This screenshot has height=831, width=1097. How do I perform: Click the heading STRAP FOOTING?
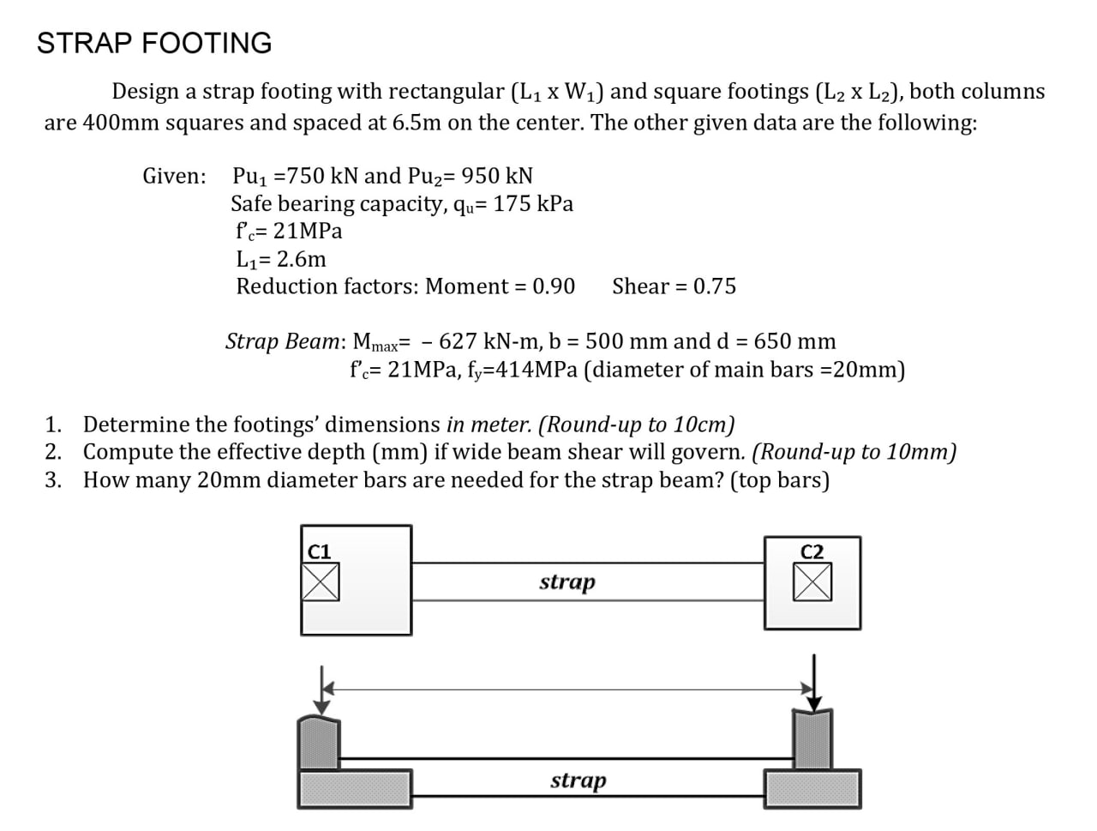(154, 43)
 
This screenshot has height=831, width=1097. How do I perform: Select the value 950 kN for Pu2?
(497, 176)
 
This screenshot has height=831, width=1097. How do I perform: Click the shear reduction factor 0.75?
(715, 286)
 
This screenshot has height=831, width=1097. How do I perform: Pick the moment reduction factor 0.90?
(554, 286)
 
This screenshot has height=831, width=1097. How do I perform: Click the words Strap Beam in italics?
(282, 341)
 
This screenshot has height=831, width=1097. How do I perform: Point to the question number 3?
(53, 480)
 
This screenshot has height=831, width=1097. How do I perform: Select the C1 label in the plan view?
(319, 551)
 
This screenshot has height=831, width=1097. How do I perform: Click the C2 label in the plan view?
(812, 551)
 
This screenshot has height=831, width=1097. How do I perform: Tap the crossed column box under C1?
(321, 582)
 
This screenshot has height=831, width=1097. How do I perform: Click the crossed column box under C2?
(812, 583)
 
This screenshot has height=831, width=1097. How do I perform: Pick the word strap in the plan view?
(566, 582)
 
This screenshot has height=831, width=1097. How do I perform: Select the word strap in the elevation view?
(578, 780)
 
